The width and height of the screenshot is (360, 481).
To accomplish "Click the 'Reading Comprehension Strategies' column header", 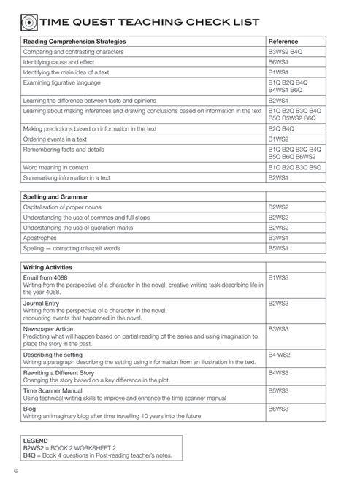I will [74, 42].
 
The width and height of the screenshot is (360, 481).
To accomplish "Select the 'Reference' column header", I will [283, 42].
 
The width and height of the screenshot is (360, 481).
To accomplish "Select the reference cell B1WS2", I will [279, 138].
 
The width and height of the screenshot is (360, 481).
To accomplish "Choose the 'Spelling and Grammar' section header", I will [55, 196].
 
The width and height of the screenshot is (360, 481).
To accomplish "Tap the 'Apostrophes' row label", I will [41, 238].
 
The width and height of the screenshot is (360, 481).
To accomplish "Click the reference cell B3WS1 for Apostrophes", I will [279, 238].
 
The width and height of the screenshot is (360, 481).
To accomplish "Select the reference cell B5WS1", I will [279, 248].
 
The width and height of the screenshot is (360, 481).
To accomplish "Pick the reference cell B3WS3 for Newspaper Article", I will [279, 329].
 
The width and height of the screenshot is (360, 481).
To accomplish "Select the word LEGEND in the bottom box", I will [36, 441].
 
